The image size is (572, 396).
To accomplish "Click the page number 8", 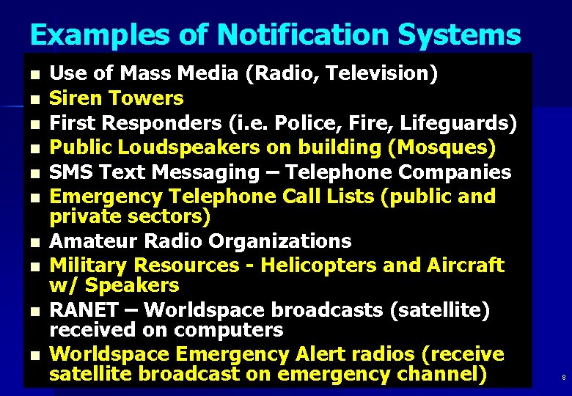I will pos(563,378).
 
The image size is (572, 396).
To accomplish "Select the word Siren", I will pos(76,98).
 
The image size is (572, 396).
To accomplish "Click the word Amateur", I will pos(92,241).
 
